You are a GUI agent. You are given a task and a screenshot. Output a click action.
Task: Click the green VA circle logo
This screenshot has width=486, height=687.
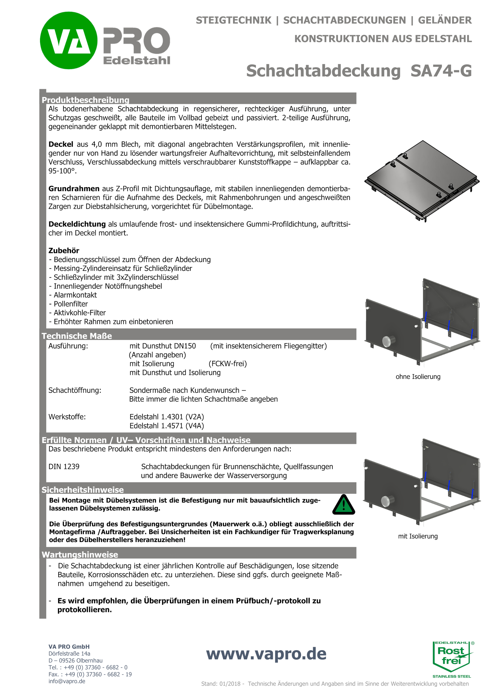click(x=68, y=41)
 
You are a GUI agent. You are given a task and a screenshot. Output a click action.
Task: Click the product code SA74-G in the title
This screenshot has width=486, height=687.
click(x=441, y=71)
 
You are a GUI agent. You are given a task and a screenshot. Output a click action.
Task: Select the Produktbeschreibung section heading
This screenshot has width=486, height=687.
click(x=85, y=100)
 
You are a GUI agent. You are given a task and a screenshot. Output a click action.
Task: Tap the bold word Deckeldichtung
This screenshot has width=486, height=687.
click(x=77, y=224)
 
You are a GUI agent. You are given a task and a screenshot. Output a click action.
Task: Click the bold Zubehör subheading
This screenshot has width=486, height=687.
click(x=64, y=251)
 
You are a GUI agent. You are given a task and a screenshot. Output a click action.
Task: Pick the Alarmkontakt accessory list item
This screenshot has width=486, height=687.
click(x=75, y=295)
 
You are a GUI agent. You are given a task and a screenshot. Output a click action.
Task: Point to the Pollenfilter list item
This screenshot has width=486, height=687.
click(x=71, y=304)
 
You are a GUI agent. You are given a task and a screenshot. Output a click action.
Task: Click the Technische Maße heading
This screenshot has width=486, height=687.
click(x=77, y=336)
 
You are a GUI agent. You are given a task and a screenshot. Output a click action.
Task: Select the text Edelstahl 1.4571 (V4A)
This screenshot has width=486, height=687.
click(x=166, y=426)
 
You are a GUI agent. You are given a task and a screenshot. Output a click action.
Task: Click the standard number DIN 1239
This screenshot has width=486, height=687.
click(x=64, y=467)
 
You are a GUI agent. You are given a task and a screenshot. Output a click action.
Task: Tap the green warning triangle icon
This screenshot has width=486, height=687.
click(x=343, y=505)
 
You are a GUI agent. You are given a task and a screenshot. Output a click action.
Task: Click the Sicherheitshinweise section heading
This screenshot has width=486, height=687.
click(x=83, y=490)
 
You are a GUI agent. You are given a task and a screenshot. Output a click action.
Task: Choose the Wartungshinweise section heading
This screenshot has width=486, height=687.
click(x=80, y=555)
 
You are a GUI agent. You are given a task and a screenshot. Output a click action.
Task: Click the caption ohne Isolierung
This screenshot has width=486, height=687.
click(x=418, y=377)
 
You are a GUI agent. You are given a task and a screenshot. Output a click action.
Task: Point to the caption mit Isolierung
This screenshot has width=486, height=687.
click(x=418, y=536)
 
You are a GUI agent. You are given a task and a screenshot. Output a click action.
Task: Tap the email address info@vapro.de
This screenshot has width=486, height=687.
click(x=67, y=681)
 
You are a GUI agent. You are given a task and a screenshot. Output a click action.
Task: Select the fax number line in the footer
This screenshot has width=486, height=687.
click(x=90, y=674)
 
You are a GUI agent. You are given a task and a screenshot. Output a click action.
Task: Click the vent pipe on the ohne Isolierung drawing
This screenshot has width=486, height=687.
click(x=388, y=341)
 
